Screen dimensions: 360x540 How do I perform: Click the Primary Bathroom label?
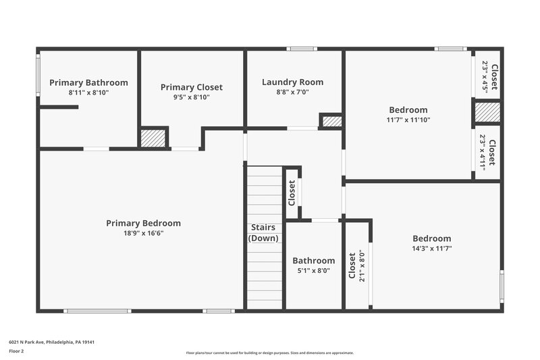tap(88, 82)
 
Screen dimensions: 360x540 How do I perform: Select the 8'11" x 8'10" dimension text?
tap(88, 93)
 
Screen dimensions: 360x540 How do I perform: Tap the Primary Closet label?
tap(191, 87)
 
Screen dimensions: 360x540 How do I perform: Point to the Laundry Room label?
tap(292, 82)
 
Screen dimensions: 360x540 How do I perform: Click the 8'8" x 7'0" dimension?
tap(292, 93)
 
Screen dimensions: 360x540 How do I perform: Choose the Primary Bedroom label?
tap(143, 224)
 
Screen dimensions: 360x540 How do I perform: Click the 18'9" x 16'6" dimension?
tap(143, 233)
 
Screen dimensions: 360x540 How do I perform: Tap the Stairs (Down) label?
tap(263, 233)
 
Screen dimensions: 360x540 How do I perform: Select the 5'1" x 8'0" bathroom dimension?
tap(313, 270)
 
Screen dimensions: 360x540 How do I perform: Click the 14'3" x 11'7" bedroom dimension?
tap(431, 249)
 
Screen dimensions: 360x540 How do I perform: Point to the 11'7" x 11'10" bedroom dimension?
tap(408, 120)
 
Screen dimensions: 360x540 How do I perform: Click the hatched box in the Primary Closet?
tap(153, 137)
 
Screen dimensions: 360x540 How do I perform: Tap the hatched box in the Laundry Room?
tap(331, 122)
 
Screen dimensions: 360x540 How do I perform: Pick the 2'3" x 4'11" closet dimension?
tap(483, 152)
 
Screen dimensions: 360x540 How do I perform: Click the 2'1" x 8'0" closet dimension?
tap(361, 265)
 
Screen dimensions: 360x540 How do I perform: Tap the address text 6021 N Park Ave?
tap(51, 342)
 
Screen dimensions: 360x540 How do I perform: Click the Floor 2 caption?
tap(16, 352)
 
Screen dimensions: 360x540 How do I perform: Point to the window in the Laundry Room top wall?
tap(301, 49)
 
